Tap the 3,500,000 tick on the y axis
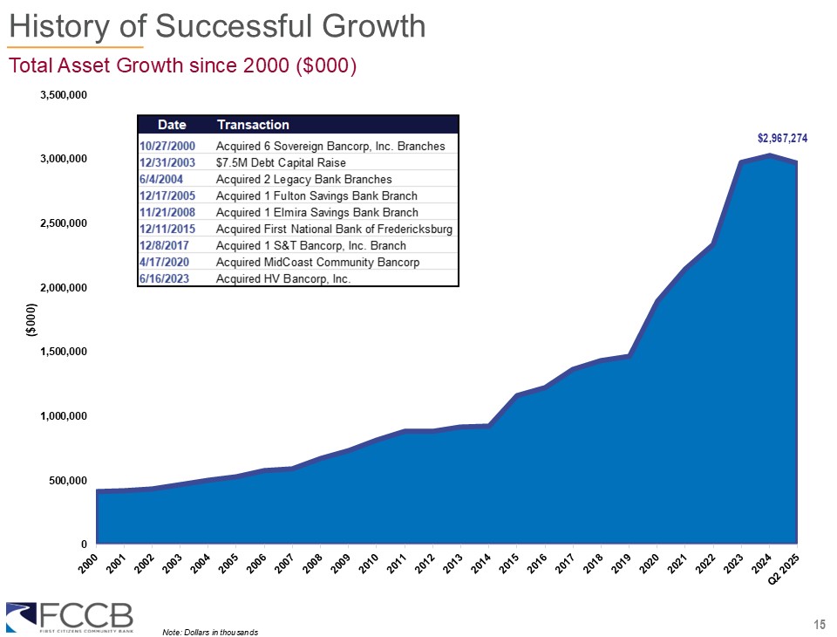(65, 94)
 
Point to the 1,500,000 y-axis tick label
(65, 352)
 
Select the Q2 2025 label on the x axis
(785, 571)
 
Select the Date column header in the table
(171, 125)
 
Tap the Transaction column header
(253, 125)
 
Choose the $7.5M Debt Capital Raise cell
(281, 162)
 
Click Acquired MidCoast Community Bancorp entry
(317, 263)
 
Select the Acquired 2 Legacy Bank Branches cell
(292, 179)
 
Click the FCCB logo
(70, 614)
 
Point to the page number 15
(819, 623)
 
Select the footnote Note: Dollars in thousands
(210, 631)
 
